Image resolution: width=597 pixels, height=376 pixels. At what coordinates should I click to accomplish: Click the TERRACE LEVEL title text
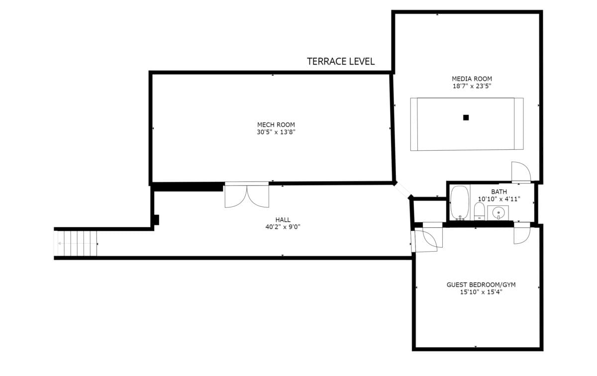coord(341,62)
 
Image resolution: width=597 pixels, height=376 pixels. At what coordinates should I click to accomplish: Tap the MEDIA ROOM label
coord(472,79)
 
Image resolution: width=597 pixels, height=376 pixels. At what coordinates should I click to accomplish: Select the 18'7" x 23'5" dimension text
coord(472,86)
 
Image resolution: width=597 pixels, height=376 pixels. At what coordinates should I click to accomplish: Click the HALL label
coord(283,220)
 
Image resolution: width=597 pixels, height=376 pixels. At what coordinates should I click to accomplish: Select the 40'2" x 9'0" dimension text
coord(283,227)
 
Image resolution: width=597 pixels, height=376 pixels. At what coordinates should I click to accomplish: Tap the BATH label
coord(499,192)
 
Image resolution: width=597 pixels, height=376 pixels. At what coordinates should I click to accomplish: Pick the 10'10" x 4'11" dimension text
coord(499,199)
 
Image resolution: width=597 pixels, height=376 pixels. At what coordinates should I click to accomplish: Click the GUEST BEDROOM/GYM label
coord(481,285)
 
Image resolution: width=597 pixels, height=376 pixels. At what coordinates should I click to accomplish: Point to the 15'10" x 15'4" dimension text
coord(481,292)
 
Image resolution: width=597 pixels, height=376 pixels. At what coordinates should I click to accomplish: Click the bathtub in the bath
coord(460,203)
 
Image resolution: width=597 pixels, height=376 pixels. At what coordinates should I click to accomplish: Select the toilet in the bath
coord(480,211)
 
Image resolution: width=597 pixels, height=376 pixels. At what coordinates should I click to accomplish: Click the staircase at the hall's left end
coord(76,244)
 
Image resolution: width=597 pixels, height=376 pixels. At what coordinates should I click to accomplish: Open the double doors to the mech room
coord(247,195)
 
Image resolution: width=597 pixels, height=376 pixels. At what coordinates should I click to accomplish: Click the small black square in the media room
coord(466,118)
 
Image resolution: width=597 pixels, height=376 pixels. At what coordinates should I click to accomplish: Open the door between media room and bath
coord(521,172)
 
